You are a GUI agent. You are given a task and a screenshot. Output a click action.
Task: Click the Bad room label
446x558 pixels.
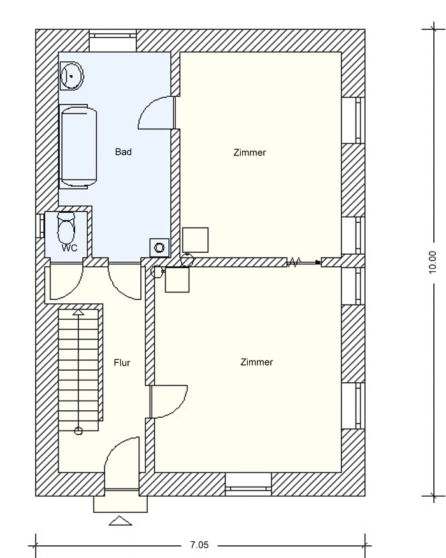coord(123,152)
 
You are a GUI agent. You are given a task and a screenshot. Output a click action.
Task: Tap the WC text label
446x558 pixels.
coord(69,248)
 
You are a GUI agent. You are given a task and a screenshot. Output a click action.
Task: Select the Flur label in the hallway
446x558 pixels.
coord(122,362)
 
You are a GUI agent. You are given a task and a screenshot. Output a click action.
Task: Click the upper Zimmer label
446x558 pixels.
coord(250,153)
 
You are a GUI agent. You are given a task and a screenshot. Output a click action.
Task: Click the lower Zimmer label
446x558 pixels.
coord(257,362)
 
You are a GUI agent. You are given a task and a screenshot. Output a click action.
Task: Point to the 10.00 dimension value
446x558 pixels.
coord(433,262)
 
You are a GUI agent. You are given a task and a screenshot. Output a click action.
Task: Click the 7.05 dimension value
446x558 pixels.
coord(199,545)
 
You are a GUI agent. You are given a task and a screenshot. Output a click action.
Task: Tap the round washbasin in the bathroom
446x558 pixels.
coord(72,76)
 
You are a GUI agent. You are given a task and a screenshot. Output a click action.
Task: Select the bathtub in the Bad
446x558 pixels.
coord(78,147)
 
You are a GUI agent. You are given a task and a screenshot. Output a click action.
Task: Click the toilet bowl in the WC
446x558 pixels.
coord(66,228)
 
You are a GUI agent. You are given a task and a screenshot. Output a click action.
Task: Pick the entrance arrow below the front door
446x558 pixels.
coord(120,520)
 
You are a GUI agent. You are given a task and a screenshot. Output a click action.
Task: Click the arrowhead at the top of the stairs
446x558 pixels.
coord(78,313)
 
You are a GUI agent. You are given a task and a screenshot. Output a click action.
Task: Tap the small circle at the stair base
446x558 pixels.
coord(78,431)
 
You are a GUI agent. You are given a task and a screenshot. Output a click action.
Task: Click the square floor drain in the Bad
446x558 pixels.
coord(159,247)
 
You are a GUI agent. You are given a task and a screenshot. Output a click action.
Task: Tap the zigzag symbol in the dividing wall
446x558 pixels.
coord(294,262)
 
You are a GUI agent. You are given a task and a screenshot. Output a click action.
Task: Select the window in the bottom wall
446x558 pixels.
coord(248,484)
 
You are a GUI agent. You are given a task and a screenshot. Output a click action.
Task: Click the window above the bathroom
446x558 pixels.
coord(113,41)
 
